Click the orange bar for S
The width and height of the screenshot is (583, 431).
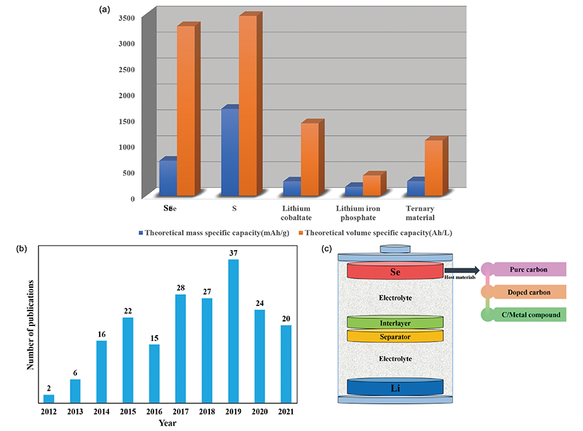point(247,107)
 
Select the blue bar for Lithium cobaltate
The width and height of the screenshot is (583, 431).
point(291,187)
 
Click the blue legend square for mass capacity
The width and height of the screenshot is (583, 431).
point(140,232)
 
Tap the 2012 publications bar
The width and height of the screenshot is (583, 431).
point(49,398)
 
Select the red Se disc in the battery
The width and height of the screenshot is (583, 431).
point(394,271)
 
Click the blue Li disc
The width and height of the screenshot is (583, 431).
point(394,387)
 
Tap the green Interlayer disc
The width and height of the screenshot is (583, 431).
point(394,322)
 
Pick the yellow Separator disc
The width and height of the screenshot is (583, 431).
point(394,336)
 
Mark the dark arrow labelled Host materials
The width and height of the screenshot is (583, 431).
point(463,270)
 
